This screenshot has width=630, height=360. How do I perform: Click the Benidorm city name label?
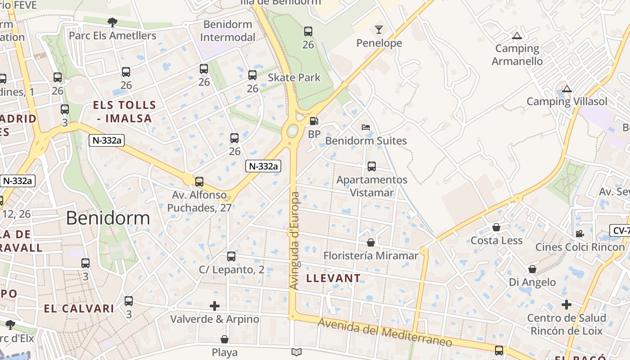click(x=108, y=218)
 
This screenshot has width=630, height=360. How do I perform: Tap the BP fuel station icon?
click(x=314, y=121)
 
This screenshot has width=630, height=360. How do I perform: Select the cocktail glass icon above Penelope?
click(x=379, y=30)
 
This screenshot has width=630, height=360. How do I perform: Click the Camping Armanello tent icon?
click(x=517, y=36)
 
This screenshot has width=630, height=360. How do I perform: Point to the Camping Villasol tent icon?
click(x=567, y=89)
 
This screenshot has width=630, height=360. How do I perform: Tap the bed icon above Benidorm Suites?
click(x=366, y=127)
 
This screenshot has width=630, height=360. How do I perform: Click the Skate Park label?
click(x=294, y=77)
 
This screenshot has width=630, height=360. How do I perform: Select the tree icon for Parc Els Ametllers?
click(x=112, y=22)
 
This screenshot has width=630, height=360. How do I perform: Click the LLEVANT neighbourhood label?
click(x=333, y=278)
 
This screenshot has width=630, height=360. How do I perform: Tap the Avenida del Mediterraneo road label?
click(x=385, y=333)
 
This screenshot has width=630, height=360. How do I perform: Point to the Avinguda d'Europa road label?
click(x=295, y=241)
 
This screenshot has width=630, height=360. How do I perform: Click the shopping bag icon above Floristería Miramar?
click(x=371, y=243)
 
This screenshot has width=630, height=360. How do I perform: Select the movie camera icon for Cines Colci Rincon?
click(x=580, y=234)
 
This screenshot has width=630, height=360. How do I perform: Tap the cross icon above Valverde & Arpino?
click(x=215, y=306)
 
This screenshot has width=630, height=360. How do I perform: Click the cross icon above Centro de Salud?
click(x=567, y=305)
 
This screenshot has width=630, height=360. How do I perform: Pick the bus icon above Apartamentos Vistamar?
click(x=372, y=166)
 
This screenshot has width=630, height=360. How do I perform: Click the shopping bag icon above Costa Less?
click(x=496, y=227)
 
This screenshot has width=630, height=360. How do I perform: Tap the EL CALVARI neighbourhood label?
click(x=79, y=309)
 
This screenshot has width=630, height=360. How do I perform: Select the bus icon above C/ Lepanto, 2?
click(x=231, y=256)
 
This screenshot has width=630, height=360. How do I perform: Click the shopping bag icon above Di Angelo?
click(x=532, y=269)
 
